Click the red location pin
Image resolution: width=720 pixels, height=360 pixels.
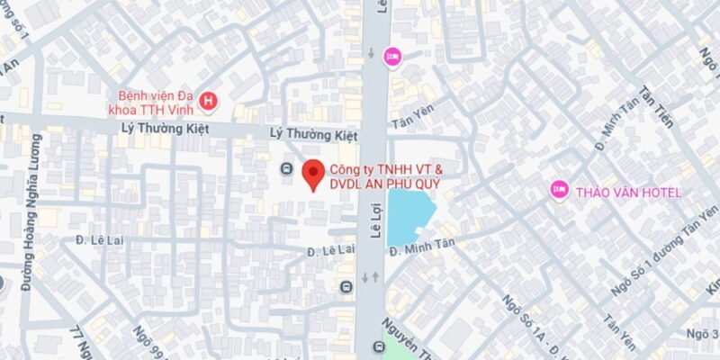coord(312,174)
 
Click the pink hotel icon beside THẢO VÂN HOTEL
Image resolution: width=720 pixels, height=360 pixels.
coord(559,190)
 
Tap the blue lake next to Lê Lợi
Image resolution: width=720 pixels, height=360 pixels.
coord(409,217)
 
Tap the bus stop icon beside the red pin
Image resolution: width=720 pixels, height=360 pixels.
coord(286,168)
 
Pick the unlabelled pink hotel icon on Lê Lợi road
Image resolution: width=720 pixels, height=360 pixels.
coord(392,56)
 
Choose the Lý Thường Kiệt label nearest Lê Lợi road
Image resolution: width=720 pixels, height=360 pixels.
coord(314,133)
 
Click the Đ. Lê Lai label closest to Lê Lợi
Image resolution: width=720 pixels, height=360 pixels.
coord(327,250)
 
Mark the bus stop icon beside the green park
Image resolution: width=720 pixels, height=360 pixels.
coord(376,346)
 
